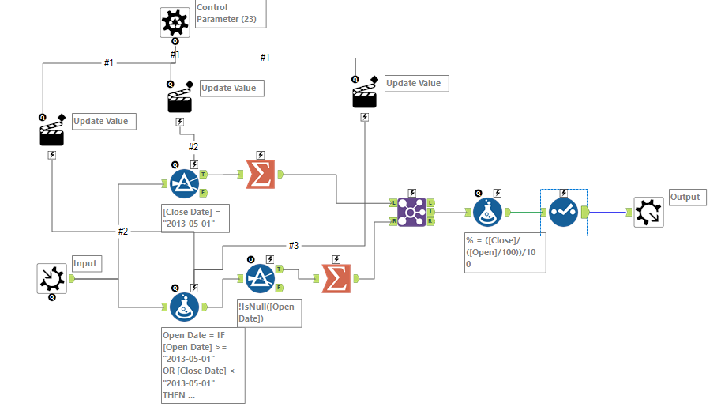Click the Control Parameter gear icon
175,22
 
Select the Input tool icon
53,278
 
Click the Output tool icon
648,212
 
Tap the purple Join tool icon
412,212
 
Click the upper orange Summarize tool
261,175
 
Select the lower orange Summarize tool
336,277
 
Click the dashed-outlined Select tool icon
563,212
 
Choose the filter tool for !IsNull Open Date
260,277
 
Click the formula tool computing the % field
487,212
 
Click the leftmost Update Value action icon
52,132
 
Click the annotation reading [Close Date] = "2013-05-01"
195,218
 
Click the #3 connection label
293,246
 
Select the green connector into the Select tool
525,212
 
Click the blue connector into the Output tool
607,212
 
